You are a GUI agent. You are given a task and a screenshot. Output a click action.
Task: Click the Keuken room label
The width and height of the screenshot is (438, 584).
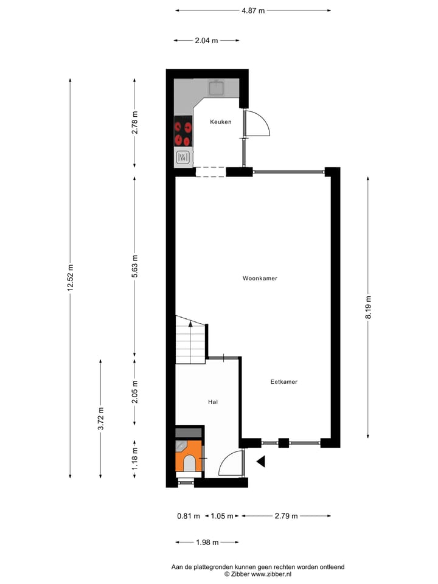(x=220, y=122)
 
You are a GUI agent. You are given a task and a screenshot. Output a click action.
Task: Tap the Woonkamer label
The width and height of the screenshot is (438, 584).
(x=260, y=279)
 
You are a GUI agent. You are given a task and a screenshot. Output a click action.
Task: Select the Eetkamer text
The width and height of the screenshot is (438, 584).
(x=283, y=382)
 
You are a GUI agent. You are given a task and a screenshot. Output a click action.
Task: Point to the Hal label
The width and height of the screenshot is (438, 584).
(x=212, y=402)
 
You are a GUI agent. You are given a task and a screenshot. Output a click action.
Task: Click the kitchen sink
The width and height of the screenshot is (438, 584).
(x=217, y=89)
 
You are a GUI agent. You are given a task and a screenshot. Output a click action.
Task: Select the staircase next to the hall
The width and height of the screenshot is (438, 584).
(x=191, y=342)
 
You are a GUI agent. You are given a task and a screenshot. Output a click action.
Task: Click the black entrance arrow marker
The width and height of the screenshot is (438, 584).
(x=261, y=462)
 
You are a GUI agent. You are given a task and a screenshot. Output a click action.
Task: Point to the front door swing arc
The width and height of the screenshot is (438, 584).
(x=230, y=464)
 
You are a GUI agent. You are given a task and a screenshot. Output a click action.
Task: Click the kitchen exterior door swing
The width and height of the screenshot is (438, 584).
(x=257, y=124)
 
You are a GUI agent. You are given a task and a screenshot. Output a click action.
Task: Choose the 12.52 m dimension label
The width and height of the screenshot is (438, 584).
(x=71, y=279)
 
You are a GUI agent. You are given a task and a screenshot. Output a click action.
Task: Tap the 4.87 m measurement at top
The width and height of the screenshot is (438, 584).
(x=253, y=10)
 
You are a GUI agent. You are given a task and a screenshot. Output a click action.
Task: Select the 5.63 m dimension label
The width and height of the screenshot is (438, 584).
(x=135, y=266)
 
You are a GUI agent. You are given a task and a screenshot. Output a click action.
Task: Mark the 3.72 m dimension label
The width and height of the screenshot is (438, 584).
(x=101, y=419)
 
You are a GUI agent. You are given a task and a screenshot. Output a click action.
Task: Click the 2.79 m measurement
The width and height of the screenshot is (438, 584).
(x=286, y=516)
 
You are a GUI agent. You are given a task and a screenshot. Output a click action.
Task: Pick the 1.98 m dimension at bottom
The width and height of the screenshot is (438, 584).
(x=207, y=542)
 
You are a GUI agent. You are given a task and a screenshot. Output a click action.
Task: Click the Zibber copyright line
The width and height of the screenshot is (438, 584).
(x=257, y=574)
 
